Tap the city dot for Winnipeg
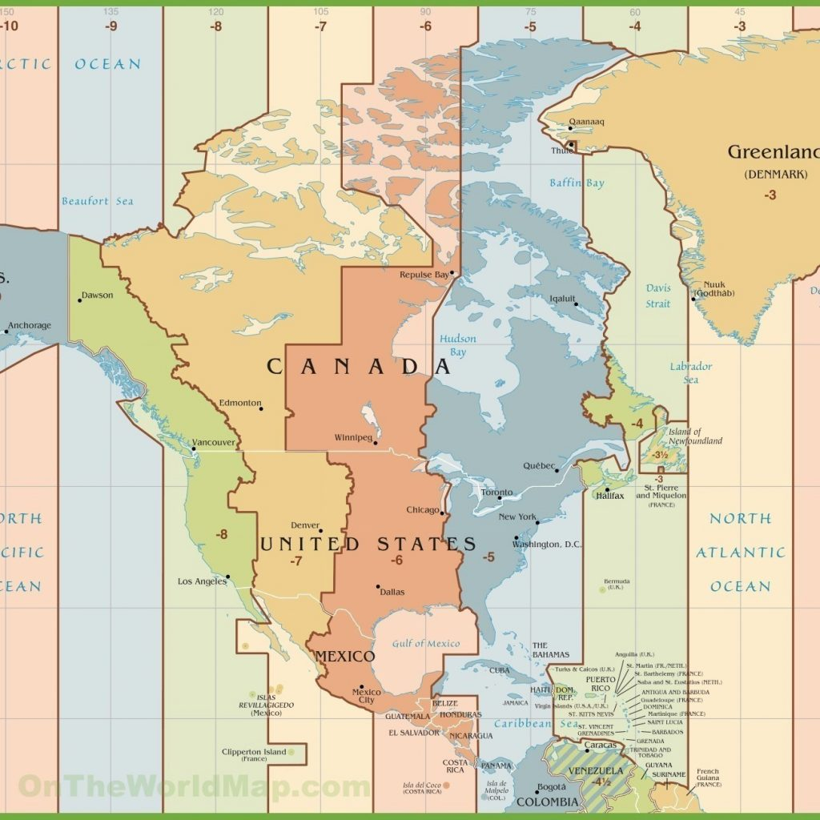coord(375,443)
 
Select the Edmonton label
coord(240,403)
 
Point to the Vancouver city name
coord(214,442)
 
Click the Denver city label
coord(305,525)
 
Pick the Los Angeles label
coord(202,581)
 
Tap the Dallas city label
coord(393,592)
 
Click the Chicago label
coord(422,510)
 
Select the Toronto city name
coord(496,492)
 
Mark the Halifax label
coord(610,496)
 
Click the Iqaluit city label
coord(562,299)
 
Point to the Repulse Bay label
coord(424,275)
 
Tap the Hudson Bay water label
coord(457,345)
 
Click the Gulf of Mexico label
coord(426,644)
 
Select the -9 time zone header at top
coord(111,26)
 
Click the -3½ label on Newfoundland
coord(659,455)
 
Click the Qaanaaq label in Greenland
coord(586,123)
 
